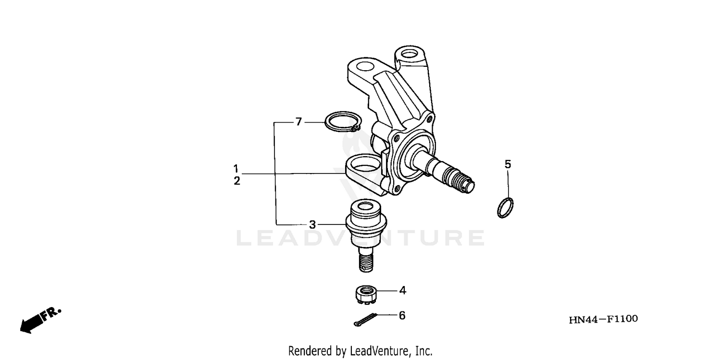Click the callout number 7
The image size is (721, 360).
[298, 122]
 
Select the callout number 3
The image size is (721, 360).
[312, 224]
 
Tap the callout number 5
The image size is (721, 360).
[508, 164]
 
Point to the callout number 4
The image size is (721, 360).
[402, 290]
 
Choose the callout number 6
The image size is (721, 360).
[402, 315]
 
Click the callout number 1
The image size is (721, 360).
[236, 169]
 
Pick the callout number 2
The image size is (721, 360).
[236, 181]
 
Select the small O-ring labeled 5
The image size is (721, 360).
[505, 207]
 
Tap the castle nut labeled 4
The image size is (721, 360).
[365, 294]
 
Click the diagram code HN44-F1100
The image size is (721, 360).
[603, 319]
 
